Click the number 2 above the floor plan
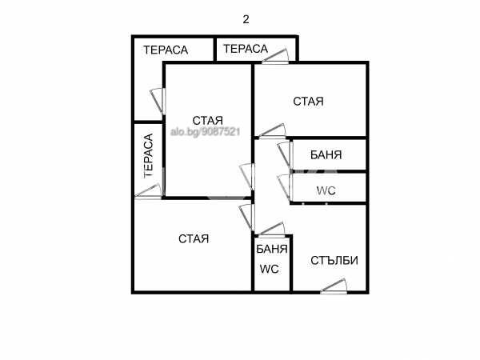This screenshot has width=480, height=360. click(246, 19)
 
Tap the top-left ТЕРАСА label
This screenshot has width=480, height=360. click(166, 50)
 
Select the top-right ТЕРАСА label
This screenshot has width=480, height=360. click(246, 49)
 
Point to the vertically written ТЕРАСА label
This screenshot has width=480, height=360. click(149, 155)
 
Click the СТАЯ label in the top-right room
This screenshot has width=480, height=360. click(308, 102)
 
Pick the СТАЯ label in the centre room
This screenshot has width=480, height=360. click(207, 120)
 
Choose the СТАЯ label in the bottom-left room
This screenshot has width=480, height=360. click(194, 238)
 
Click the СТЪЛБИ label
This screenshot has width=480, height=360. click(334, 261)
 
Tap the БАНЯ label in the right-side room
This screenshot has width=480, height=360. click(326, 155)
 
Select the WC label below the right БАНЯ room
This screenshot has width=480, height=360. click(326, 190)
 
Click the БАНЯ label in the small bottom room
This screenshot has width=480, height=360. click(272, 249)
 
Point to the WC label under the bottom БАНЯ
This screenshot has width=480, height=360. click(270, 269)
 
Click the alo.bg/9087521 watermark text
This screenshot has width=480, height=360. click(205, 132)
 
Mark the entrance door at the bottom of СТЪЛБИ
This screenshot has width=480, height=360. click(334, 286)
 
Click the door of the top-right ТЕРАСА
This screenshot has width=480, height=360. click(275, 56)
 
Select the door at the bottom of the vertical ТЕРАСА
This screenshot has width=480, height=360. click(148, 192)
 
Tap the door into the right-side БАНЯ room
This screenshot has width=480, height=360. click(285, 154)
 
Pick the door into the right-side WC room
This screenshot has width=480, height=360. click(285, 188)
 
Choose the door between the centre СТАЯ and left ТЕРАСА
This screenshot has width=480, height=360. click(158, 102)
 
